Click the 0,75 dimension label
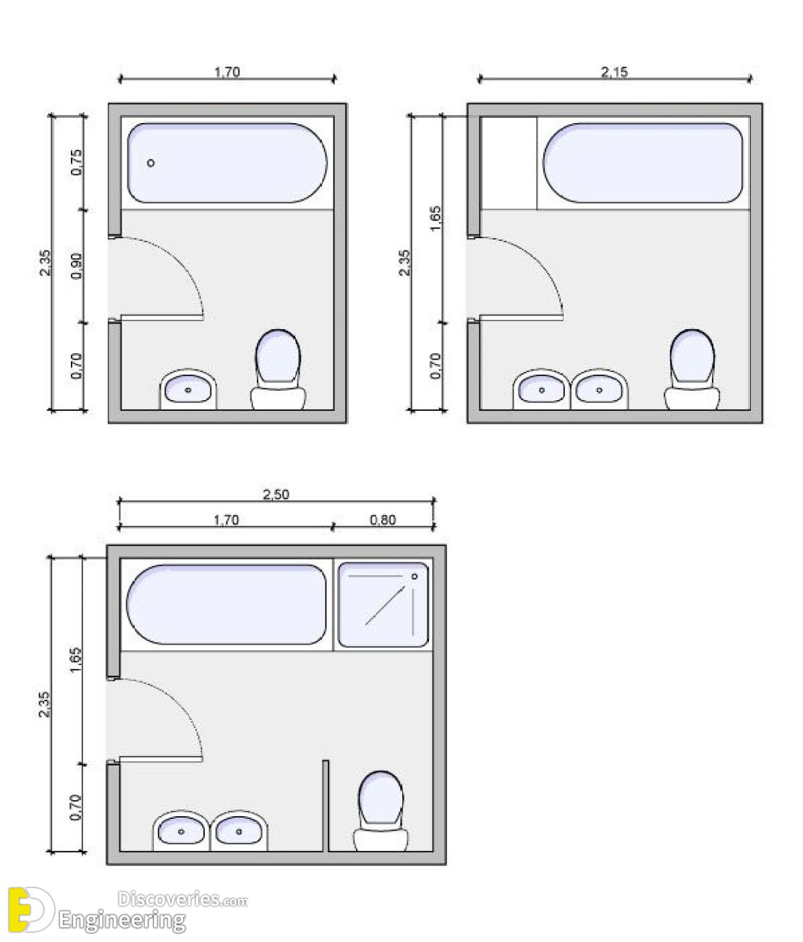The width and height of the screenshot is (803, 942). click(x=77, y=162)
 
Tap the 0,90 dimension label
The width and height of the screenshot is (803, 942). click(x=77, y=266)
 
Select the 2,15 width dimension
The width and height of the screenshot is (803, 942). click(x=614, y=72)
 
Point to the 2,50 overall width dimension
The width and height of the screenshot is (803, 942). click(x=276, y=494)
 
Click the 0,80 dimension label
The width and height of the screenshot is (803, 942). click(x=383, y=520)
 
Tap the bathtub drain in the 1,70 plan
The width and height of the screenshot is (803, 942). click(x=151, y=163)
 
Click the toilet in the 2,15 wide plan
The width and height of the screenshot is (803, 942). click(x=692, y=369)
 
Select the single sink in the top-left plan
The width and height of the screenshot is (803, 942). click(x=188, y=389)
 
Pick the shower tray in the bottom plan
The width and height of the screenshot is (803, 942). click(x=383, y=604)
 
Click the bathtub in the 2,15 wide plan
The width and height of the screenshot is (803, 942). click(x=642, y=163)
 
